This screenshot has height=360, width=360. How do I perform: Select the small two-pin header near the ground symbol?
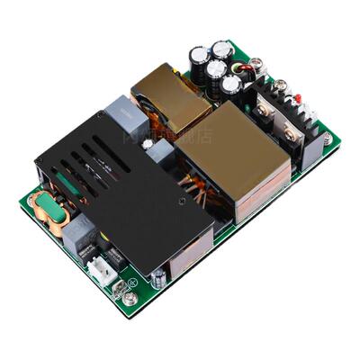coord(119,282)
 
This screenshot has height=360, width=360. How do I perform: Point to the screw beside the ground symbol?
coord(131,297)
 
